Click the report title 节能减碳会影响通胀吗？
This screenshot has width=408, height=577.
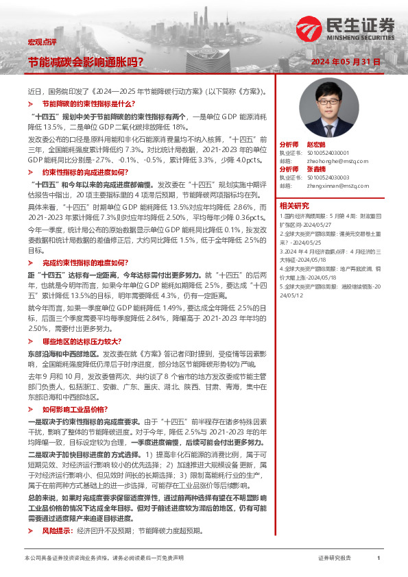tap(85, 62)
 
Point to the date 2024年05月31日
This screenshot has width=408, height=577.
tap(345, 62)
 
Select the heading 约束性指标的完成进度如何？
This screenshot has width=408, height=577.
tap(85, 172)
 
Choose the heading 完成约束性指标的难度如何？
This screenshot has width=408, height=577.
tap(85, 262)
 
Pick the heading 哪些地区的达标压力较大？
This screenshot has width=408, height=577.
tap(82, 341)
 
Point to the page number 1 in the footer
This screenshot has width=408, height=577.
tap(379, 558)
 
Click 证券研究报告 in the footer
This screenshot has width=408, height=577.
tap(335, 558)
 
